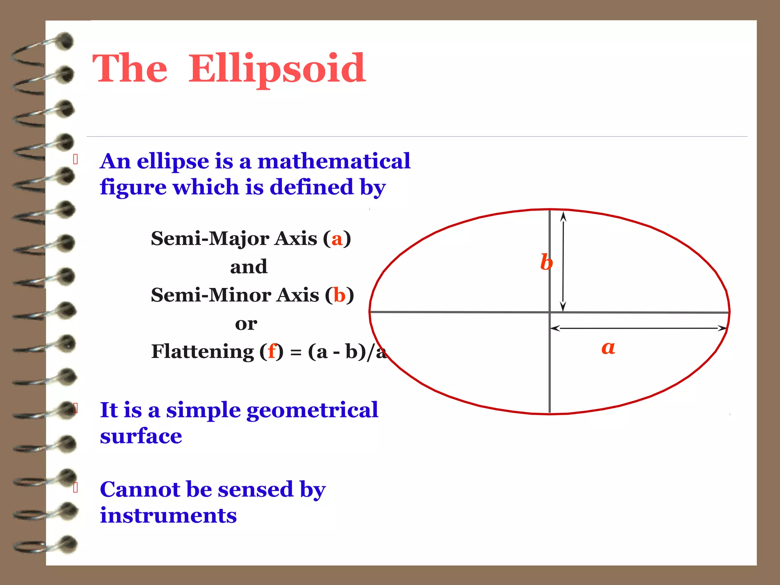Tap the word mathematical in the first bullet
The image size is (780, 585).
click(334, 161)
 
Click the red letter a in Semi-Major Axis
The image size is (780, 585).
click(337, 239)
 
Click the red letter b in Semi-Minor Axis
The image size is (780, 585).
click(339, 296)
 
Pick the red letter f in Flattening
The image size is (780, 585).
click(272, 351)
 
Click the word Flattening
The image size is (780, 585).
click(203, 352)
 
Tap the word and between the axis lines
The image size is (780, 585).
click(248, 267)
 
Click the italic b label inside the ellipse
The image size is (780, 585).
click(546, 262)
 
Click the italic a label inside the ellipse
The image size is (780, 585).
click(608, 347)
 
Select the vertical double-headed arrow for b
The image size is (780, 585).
click(563, 262)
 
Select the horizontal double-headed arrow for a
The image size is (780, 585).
click(638, 328)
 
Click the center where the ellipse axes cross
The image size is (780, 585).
click(550, 312)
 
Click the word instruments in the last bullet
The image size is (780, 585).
click(168, 516)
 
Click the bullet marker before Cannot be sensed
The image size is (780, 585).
click(75, 487)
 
